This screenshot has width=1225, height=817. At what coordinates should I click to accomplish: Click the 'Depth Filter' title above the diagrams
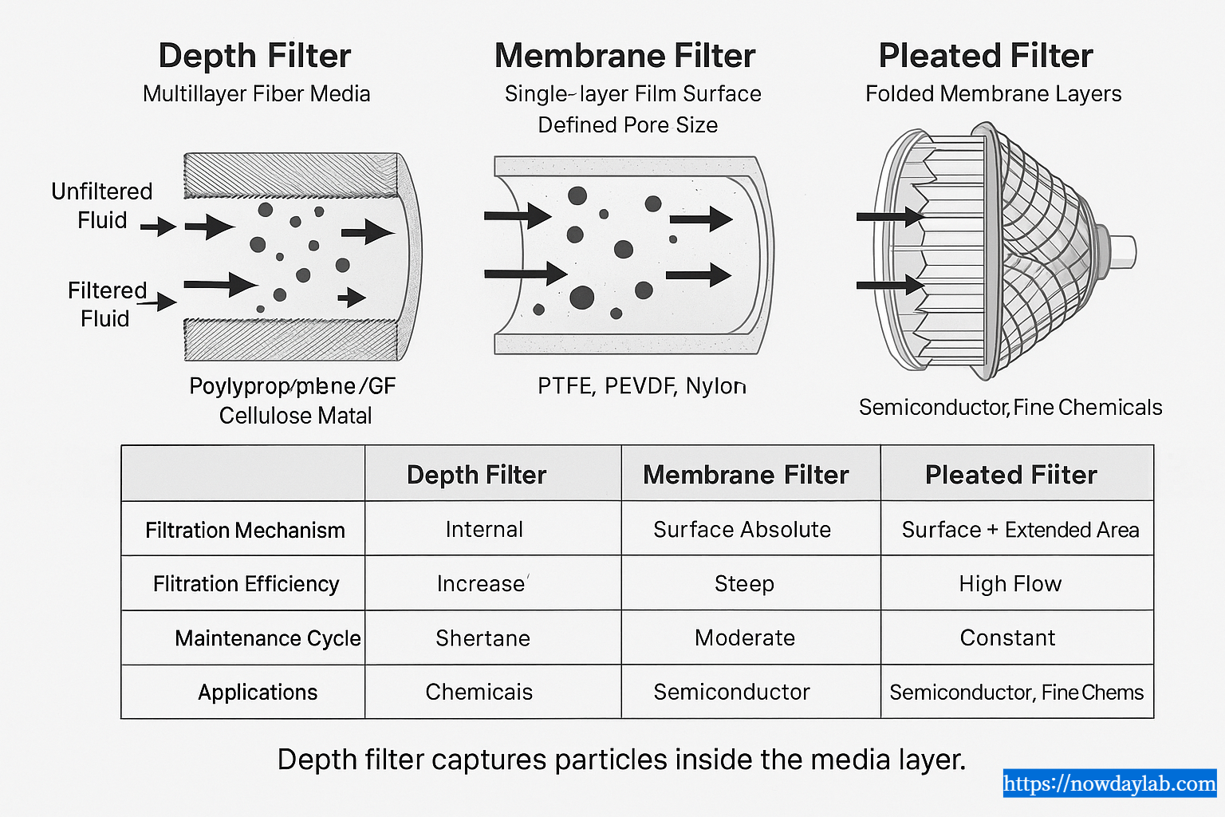tap(254, 56)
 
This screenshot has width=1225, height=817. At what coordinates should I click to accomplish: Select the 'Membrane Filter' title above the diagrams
tap(624, 56)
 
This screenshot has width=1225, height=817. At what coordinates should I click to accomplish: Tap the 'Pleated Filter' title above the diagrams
tap(985, 56)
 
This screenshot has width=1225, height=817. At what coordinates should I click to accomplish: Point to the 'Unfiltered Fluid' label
tap(101, 206)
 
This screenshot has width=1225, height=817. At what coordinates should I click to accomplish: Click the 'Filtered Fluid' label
tap(106, 304)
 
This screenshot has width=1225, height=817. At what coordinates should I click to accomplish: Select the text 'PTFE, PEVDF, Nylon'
tap(641, 386)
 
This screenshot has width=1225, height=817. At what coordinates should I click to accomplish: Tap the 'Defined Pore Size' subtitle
tap(628, 125)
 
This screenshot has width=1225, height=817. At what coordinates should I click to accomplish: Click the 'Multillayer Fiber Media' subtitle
tap(256, 94)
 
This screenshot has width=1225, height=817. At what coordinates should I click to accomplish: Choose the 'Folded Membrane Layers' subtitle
tap(993, 94)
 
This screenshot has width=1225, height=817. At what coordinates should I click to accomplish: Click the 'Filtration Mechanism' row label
tap(245, 531)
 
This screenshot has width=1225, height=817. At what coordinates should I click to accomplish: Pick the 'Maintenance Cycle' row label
tap(267, 638)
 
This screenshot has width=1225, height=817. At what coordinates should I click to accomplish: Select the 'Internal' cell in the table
tap(484, 530)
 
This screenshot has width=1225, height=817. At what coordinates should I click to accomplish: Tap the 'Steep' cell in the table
tap(744, 584)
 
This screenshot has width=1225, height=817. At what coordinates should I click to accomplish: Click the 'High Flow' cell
tap(1010, 584)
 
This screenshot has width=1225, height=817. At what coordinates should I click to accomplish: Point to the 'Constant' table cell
tap(1007, 638)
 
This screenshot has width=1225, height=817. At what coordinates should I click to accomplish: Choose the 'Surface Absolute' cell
tap(742, 530)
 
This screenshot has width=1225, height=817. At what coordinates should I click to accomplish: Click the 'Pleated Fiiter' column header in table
tap(1010, 475)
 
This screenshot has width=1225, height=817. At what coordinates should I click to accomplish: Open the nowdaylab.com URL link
tap(1109, 783)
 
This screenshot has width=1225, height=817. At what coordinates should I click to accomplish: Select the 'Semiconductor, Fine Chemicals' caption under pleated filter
tap(1010, 408)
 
